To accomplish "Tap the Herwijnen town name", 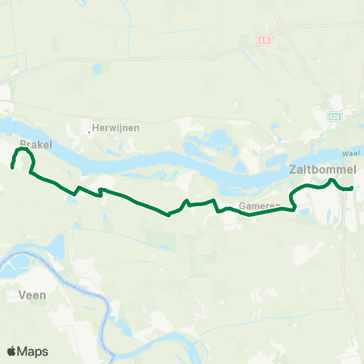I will click(x=115, y=128).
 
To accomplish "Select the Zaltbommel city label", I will click(x=323, y=171).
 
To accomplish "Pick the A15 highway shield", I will click(x=263, y=41).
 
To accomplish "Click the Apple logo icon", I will click(x=12, y=351).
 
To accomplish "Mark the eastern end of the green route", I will click(x=352, y=188).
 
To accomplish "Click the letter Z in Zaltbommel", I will click(x=293, y=171).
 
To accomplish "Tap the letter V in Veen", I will click(x=20, y=294).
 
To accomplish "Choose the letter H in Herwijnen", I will click(x=96, y=128).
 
